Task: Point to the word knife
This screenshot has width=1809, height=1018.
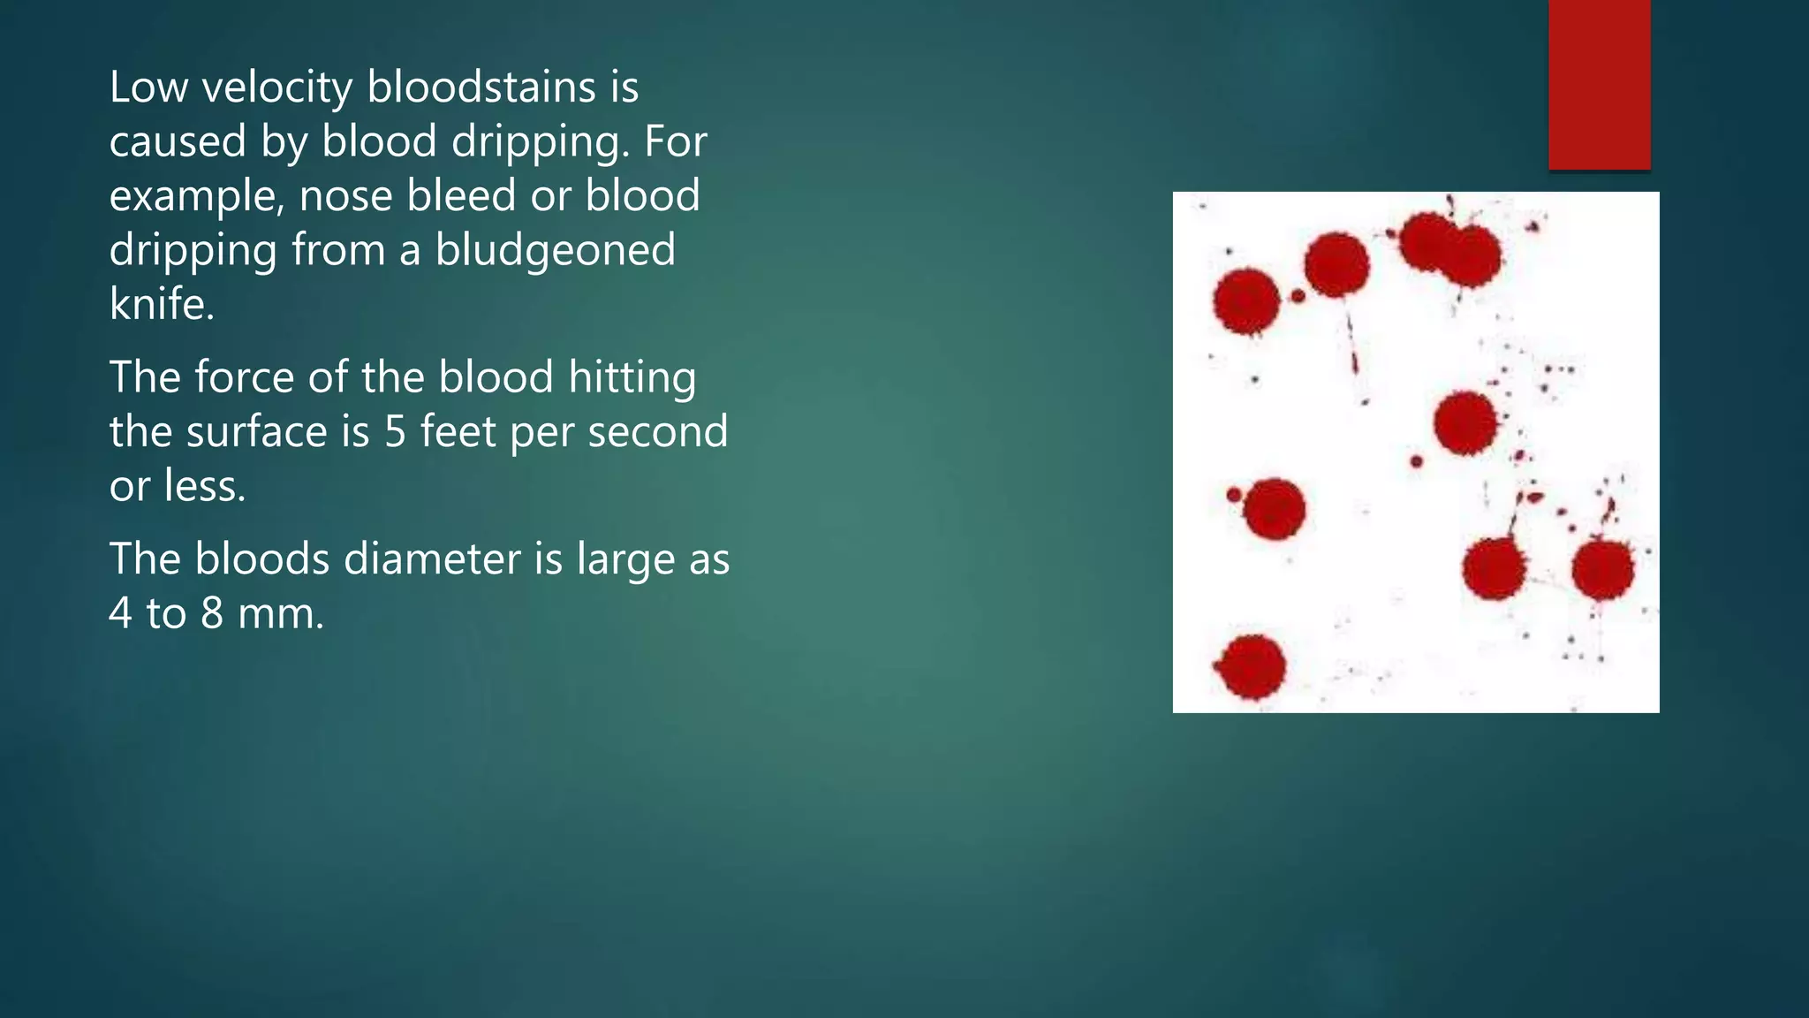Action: coord(160,305)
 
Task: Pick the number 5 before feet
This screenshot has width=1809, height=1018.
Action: coord(395,432)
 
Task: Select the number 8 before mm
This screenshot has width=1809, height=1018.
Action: coord(212,614)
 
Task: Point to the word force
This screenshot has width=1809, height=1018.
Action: coord(244,377)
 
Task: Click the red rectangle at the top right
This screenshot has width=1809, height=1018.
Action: coord(1599,84)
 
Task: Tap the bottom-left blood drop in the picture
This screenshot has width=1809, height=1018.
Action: coord(1252,666)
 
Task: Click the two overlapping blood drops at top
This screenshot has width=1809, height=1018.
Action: coord(1449,249)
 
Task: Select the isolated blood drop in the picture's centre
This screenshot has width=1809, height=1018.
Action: coord(1465,423)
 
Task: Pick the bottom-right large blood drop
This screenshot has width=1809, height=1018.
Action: coord(1602,570)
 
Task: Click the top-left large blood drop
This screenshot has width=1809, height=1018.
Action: coord(1246,301)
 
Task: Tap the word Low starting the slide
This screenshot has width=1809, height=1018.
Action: coord(148,87)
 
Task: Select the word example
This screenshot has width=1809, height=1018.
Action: coord(196,196)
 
